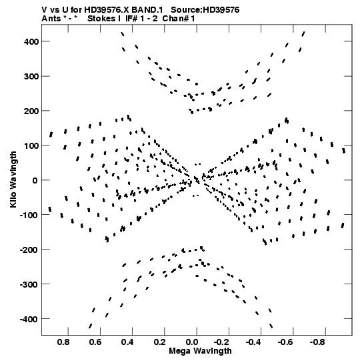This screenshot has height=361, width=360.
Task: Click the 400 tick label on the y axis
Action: point(31,41)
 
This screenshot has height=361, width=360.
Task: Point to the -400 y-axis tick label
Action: point(29,320)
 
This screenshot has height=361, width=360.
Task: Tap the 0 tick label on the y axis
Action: point(35,180)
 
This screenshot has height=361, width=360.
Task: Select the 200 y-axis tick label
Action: point(31,111)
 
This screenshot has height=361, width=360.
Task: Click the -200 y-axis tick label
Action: point(29,250)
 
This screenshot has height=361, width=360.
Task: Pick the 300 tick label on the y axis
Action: point(31,77)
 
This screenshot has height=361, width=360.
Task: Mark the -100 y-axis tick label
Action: point(29,216)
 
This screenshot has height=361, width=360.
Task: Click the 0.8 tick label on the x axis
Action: point(63,342)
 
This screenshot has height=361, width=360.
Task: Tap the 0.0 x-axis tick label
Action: point(192,342)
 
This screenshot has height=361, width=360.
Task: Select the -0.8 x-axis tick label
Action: point(317,342)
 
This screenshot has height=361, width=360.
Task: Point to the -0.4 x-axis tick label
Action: point(253,342)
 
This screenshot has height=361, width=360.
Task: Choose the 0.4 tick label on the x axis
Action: point(127,342)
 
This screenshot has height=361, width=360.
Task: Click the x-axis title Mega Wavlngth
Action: point(200,351)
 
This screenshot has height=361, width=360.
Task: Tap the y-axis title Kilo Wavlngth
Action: point(13,179)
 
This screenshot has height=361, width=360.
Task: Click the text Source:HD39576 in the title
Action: point(205,10)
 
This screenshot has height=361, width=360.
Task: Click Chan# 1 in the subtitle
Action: point(179,19)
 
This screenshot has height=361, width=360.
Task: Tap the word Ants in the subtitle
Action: point(51,19)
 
